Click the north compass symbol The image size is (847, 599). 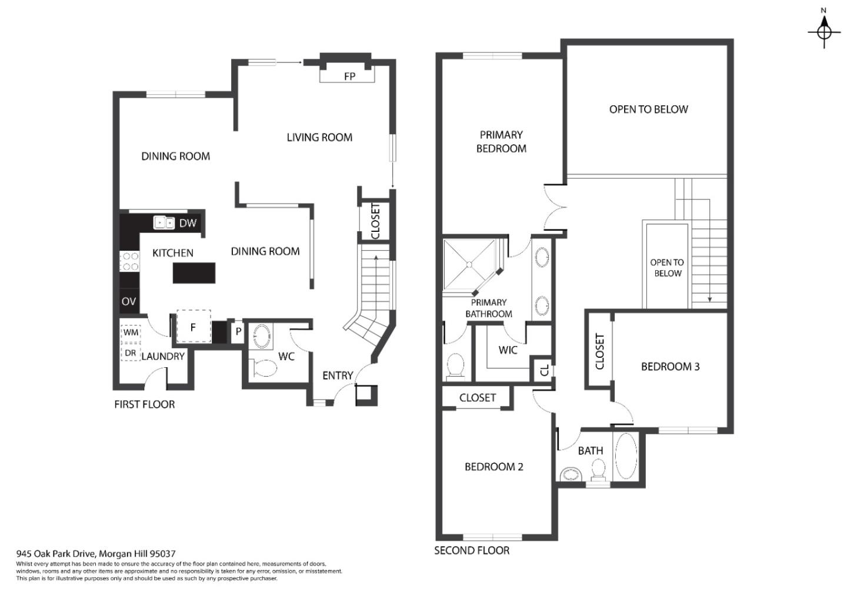(x=824, y=31)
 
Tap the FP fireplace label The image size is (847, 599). (x=349, y=76)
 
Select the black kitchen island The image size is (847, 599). (x=194, y=273)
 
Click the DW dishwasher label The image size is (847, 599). (x=188, y=223)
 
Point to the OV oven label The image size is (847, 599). (x=129, y=301)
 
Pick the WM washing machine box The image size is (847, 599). (x=131, y=332)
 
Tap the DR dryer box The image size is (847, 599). (x=131, y=353)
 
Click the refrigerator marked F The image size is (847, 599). (x=193, y=328)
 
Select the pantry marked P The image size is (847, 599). (x=238, y=331)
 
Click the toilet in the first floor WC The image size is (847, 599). (x=264, y=368)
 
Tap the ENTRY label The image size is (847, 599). (x=338, y=375)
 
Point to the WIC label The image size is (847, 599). (x=508, y=350)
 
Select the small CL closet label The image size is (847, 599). (x=544, y=370)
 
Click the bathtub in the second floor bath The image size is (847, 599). (x=626, y=456)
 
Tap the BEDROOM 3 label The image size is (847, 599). (x=670, y=367)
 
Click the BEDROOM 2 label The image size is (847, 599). (x=493, y=467)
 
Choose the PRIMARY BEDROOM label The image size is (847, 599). (x=501, y=142)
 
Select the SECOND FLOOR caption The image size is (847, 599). (x=472, y=551)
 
